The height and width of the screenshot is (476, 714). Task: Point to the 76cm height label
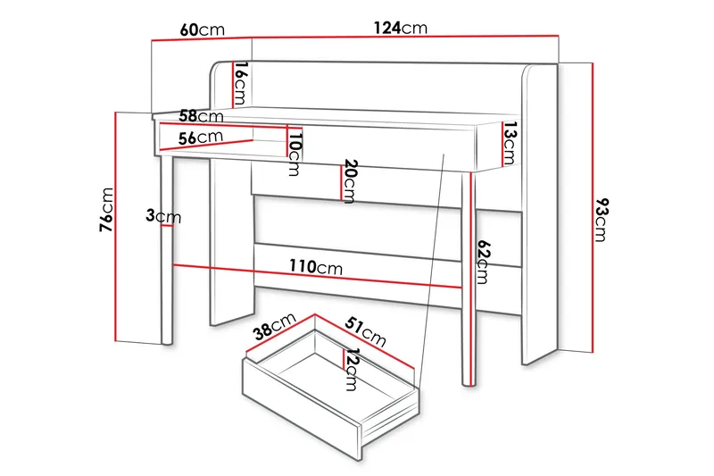pos(107,211)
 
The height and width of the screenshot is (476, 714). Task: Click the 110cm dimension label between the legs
pos(316,267)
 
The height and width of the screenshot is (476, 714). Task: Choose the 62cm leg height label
pos(483,261)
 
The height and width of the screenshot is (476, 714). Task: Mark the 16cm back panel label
pos(240,82)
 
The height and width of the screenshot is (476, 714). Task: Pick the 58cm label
pos(200,116)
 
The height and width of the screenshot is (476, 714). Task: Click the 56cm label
pos(200,138)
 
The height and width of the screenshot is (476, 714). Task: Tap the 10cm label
pos(295,153)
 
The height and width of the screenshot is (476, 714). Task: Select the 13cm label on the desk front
pos(509,143)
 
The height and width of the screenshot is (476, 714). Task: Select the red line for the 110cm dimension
pos(268,274)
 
